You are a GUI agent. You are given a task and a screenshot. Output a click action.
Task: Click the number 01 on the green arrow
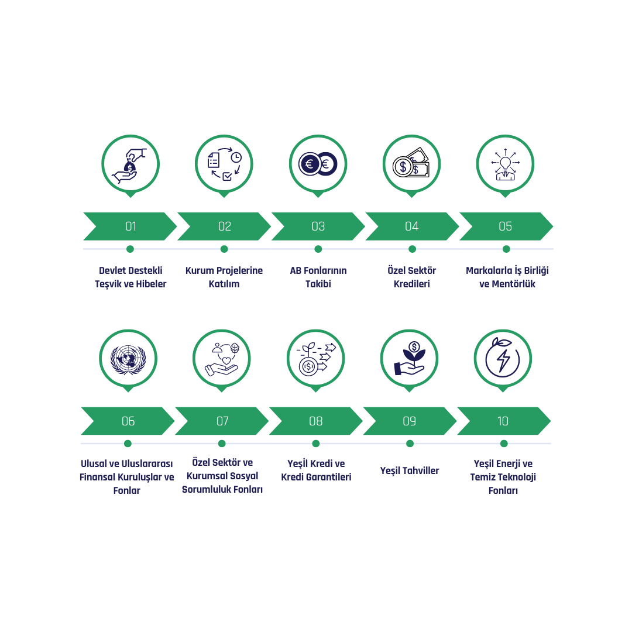click(x=130, y=226)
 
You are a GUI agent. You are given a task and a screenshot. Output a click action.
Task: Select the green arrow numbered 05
click(x=506, y=226)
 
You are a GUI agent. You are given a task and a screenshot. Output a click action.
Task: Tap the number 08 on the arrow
click(x=315, y=421)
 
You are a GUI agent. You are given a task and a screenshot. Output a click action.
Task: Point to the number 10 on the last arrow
click(x=503, y=421)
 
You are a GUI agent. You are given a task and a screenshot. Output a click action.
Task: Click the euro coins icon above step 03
click(x=318, y=164)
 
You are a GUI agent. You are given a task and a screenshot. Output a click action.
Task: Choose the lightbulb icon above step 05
click(x=506, y=164)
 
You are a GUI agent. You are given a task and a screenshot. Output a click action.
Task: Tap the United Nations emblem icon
click(x=128, y=359)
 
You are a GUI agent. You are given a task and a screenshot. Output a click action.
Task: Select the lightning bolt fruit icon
click(x=503, y=358)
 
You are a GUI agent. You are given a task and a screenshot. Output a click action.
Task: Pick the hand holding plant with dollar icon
click(x=410, y=358)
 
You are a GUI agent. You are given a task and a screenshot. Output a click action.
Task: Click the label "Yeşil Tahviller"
click(x=410, y=470)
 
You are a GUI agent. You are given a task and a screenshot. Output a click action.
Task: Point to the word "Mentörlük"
click(x=514, y=284)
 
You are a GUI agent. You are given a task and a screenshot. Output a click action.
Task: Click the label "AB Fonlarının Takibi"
click(x=318, y=277)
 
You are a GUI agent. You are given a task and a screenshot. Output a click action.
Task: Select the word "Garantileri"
click(x=328, y=477)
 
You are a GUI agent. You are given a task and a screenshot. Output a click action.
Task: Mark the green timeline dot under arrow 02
click(x=224, y=249)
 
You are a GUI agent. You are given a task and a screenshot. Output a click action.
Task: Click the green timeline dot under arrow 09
click(x=410, y=444)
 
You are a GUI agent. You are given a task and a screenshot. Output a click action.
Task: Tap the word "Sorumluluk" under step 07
click(x=208, y=489)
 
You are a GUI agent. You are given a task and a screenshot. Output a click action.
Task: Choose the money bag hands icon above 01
click(x=129, y=166)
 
